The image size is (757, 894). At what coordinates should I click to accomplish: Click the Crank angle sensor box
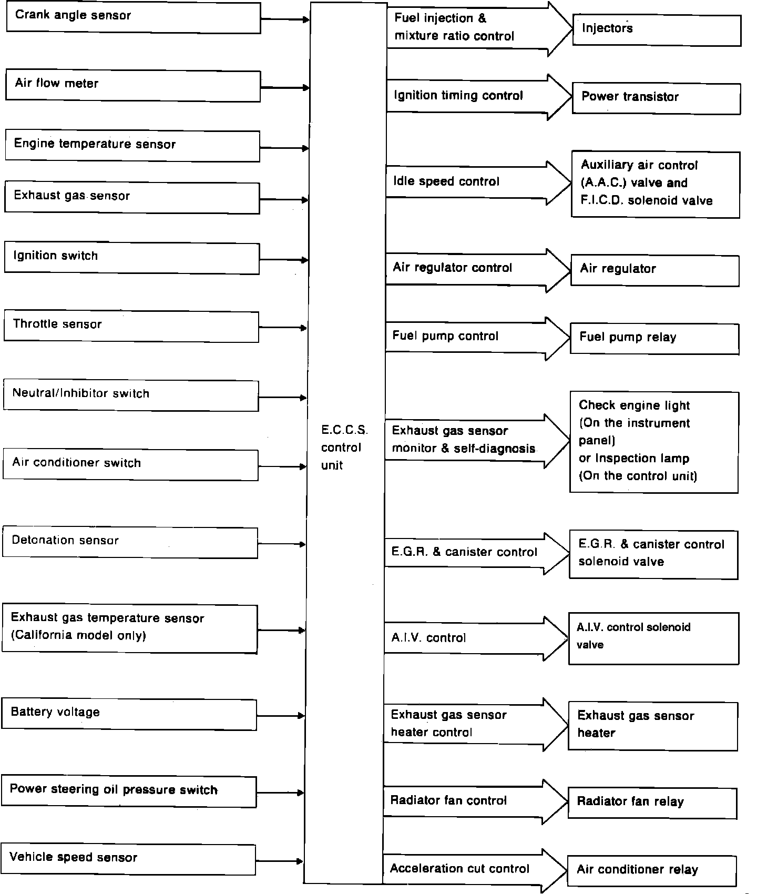(x=133, y=18)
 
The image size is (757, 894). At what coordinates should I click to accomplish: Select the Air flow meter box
(x=133, y=86)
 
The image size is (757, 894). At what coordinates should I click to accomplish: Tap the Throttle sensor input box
(x=131, y=327)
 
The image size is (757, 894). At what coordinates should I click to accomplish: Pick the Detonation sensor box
(x=130, y=543)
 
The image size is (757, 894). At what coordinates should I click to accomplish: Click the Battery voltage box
(x=129, y=714)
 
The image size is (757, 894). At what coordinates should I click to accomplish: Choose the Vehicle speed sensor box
(x=129, y=860)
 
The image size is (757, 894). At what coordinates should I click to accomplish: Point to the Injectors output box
(x=657, y=31)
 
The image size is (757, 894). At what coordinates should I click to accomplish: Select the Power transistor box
(x=656, y=98)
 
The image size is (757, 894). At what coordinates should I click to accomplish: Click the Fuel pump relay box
(x=654, y=339)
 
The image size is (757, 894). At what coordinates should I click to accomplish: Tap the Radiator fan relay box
(x=652, y=803)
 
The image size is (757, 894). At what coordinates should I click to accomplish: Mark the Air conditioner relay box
(x=652, y=871)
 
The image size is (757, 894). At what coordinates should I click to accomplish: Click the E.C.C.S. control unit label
(x=344, y=448)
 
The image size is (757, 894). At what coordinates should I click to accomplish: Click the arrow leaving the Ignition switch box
(x=284, y=260)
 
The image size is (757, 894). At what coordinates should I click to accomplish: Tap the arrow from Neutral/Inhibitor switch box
(x=283, y=398)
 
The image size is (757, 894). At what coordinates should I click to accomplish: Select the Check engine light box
(x=654, y=442)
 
